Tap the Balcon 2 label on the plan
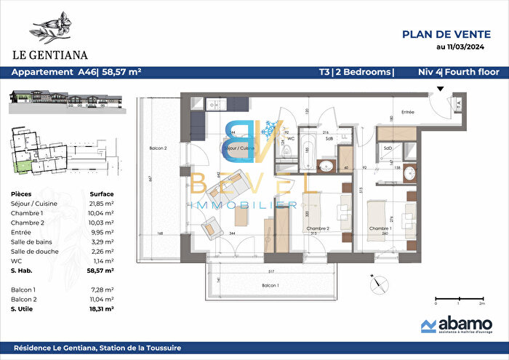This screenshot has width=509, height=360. [159, 148]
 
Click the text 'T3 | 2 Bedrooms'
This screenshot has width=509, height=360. [356, 72]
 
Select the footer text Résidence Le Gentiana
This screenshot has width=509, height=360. [97, 348]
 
